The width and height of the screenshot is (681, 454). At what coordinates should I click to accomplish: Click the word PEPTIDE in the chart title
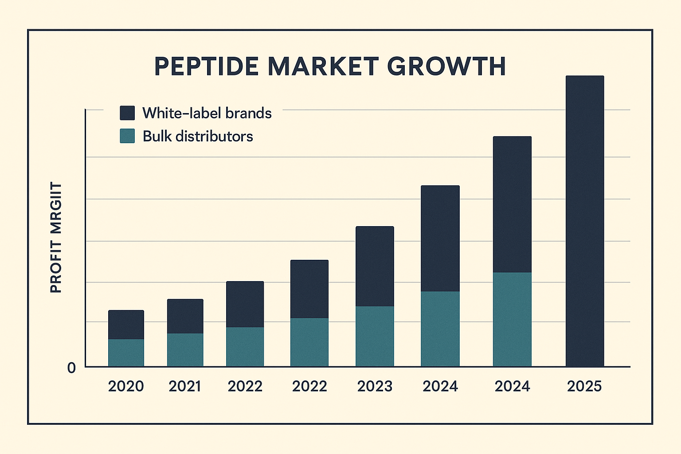[206, 67]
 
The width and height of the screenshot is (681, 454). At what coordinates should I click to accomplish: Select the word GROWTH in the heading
[446, 67]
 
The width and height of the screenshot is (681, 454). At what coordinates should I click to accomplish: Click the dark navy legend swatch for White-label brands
[127, 113]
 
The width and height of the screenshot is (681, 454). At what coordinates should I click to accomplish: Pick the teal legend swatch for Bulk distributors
[127, 136]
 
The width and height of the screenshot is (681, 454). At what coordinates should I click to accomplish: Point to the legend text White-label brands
[207, 113]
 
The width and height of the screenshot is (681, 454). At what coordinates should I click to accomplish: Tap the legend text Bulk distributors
[198, 136]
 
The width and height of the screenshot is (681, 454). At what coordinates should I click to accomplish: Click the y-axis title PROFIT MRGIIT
[56, 237]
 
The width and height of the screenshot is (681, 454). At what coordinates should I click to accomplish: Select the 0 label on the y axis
[71, 368]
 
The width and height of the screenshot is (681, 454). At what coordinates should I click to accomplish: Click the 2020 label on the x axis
[126, 386]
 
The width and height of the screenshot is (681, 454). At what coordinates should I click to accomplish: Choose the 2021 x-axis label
[185, 386]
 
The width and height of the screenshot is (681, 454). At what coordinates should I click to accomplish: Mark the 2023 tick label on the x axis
[375, 386]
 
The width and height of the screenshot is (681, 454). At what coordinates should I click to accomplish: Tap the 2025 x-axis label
[584, 386]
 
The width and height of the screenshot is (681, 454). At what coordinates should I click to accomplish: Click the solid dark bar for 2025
[585, 222]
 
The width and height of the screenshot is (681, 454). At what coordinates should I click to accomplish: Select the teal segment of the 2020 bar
[126, 353]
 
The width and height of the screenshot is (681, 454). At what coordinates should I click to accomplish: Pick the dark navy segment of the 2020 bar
[126, 325]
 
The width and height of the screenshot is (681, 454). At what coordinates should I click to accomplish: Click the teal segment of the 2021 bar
[185, 350]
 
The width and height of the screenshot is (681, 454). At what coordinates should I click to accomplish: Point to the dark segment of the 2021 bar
[185, 316]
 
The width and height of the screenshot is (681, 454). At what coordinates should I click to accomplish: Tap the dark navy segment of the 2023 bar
[375, 266]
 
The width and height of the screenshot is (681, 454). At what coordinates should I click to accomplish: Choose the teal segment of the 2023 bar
[375, 336]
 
